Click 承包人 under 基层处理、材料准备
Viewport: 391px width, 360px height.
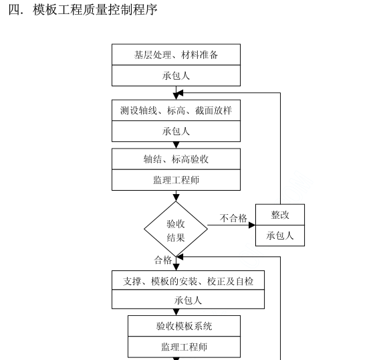point(176,76)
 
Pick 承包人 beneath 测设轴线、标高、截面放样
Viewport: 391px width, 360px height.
point(176,131)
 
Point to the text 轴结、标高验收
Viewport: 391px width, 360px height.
point(176,159)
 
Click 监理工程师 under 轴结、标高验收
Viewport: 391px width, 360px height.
point(176,180)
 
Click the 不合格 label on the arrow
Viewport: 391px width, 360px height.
point(233,218)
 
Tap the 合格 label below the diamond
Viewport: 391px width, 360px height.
point(163,260)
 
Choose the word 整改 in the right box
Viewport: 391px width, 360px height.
point(279,215)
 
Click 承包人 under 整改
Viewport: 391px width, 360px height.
point(279,236)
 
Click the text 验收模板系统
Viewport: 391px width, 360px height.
point(184,326)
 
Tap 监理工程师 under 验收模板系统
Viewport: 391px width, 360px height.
point(184,347)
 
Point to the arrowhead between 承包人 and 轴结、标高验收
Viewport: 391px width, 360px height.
point(176,145)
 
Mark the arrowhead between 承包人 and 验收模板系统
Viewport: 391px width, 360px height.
point(176,312)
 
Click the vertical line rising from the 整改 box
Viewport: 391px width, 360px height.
point(280,147)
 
